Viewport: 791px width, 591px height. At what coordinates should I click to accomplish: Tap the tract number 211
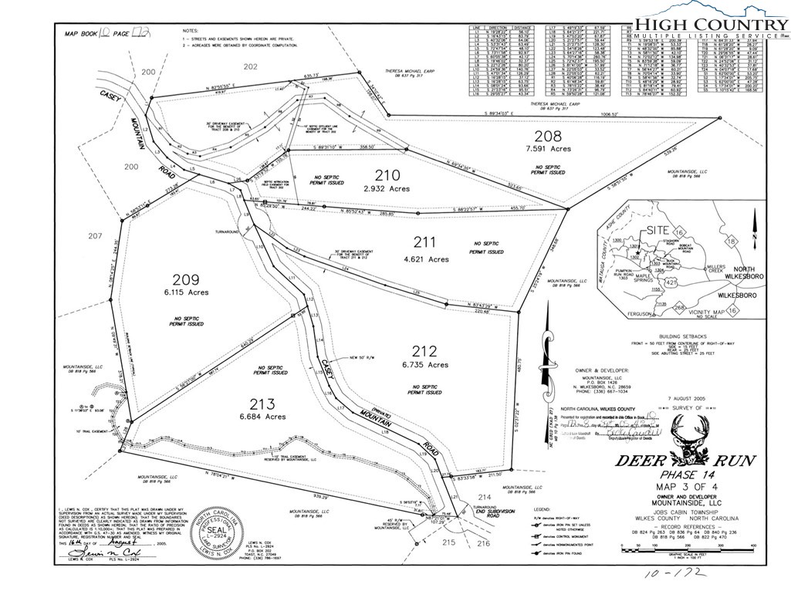(x=425, y=241)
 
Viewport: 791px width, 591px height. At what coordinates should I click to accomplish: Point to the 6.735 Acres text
(x=424, y=365)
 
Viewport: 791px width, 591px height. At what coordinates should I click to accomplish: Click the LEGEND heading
(x=543, y=510)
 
